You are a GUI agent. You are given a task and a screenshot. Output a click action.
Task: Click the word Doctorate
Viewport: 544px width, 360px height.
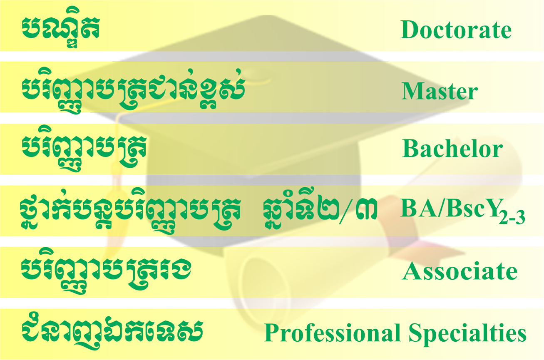(456, 30)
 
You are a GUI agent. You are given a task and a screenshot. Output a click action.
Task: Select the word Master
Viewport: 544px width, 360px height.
(440, 91)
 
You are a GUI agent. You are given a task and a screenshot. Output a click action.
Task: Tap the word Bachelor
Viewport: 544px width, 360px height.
(452, 148)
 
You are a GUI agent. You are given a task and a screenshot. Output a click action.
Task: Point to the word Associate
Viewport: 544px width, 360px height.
(460, 271)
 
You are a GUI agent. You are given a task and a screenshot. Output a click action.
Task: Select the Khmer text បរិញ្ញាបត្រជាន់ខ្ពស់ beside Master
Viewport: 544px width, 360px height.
(133, 91)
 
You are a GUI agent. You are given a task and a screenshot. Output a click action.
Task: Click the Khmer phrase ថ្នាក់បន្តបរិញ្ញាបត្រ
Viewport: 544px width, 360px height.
(130, 211)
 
